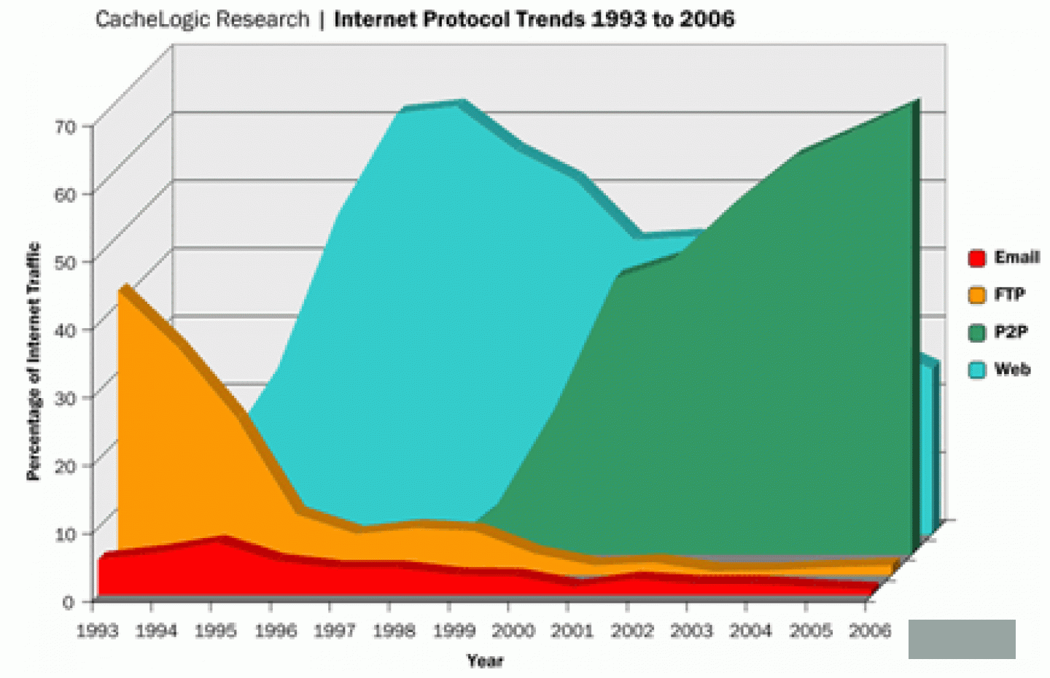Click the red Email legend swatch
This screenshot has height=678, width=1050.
(x=977, y=258)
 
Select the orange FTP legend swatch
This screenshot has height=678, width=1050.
(x=977, y=295)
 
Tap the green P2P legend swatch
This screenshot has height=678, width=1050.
(x=977, y=333)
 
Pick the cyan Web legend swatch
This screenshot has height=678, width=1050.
(x=977, y=370)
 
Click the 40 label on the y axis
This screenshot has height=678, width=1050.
(x=66, y=330)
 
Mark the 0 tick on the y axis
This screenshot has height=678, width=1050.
(x=69, y=602)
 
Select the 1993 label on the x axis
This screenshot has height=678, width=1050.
(x=97, y=631)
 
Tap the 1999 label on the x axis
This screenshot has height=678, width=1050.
(x=454, y=631)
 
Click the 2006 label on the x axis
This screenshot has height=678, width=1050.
(x=870, y=631)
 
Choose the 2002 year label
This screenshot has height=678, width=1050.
(x=631, y=631)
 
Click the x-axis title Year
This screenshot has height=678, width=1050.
(x=485, y=661)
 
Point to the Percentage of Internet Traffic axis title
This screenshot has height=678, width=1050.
(x=34, y=362)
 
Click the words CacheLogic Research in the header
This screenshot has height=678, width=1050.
(x=202, y=19)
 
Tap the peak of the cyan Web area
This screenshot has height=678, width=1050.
(x=459, y=104)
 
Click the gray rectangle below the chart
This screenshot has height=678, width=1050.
(x=962, y=639)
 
